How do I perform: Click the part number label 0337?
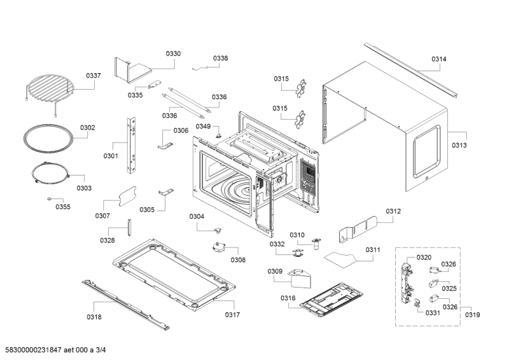[94, 76]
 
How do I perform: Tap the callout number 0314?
[439, 59]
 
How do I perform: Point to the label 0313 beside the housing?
[459, 145]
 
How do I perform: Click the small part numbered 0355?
[62, 207]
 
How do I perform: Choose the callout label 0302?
[87, 128]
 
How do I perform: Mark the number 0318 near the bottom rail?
[94, 316]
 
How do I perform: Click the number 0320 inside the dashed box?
[424, 257]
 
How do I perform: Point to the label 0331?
[433, 312]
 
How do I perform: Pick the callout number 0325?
[449, 288]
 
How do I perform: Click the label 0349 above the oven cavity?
[203, 127]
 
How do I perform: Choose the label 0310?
[297, 235]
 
